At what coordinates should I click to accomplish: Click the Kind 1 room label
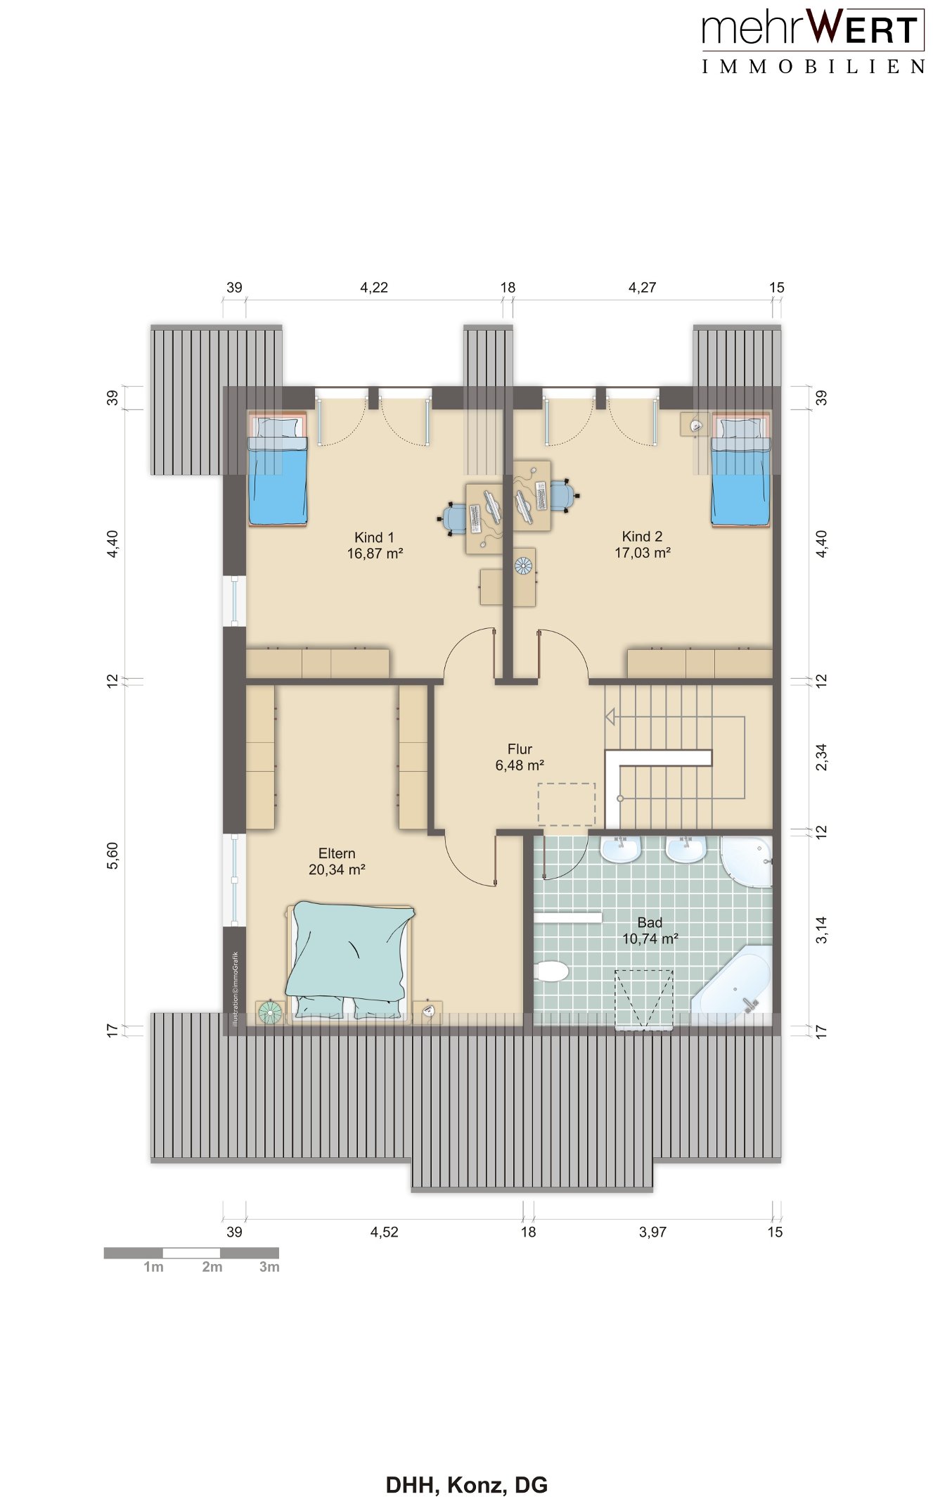click(x=374, y=537)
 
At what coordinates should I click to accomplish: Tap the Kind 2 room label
click(x=642, y=537)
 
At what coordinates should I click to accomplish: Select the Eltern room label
click(x=337, y=853)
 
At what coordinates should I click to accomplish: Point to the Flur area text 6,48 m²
click(x=520, y=765)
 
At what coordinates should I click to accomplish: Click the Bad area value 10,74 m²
click(x=650, y=938)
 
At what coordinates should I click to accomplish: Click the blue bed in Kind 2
click(x=741, y=469)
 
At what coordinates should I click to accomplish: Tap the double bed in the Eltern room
click(x=349, y=961)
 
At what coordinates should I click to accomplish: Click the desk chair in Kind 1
click(x=453, y=518)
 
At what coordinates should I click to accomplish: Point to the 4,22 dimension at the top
click(x=374, y=287)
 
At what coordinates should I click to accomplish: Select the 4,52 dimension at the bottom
click(x=385, y=1232)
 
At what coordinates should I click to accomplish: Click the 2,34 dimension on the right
click(x=821, y=757)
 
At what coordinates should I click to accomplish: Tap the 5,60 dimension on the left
click(x=112, y=855)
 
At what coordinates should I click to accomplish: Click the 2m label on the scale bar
click(x=212, y=1267)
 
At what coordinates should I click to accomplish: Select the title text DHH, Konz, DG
click(x=467, y=1484)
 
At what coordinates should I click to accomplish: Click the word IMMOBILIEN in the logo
click(x=813, y=67)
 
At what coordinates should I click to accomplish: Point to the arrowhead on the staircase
click(x=610, y=717)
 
